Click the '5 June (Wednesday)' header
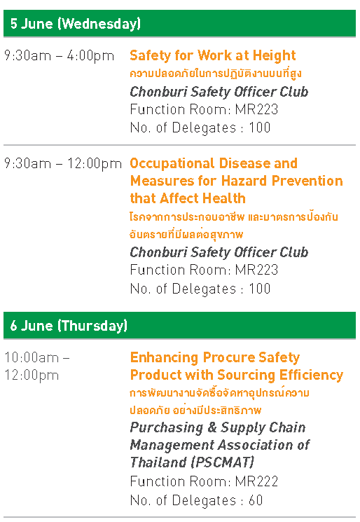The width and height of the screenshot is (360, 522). click(76, 24)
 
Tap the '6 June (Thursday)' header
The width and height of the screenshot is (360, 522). click(69, 326)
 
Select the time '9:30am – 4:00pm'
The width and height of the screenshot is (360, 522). click(59, 55)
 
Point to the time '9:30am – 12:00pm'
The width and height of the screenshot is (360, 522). click(63, 163)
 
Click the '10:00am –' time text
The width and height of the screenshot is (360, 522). click(37, 357)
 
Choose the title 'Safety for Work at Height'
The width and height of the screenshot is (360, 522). click(213, 55)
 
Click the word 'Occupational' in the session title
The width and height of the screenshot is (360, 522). click(172, 163)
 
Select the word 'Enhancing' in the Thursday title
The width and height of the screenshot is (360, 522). click(164, 357)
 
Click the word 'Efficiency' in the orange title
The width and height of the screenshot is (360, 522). click(311, 375)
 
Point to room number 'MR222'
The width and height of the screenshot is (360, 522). click(256, 481)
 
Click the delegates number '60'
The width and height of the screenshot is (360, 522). click(256, 500)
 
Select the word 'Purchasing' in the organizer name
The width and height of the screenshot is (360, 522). click(167, 428)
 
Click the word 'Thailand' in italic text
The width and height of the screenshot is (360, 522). click(158, 462)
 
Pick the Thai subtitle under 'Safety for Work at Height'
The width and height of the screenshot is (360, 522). click(216, 74)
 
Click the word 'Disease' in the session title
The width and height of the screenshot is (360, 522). click(244, 163)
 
